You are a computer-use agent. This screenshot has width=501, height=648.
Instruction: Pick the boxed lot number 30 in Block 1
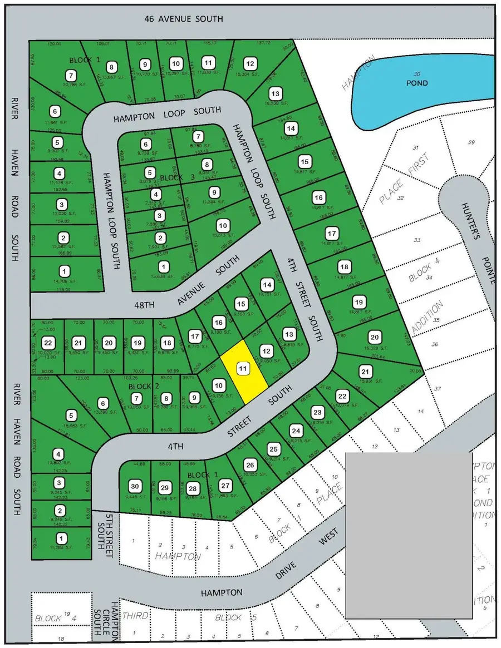(134, 485)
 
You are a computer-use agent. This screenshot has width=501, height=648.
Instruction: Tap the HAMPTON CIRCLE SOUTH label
(115, 620)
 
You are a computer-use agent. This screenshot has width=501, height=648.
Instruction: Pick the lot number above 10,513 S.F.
(223, 226)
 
